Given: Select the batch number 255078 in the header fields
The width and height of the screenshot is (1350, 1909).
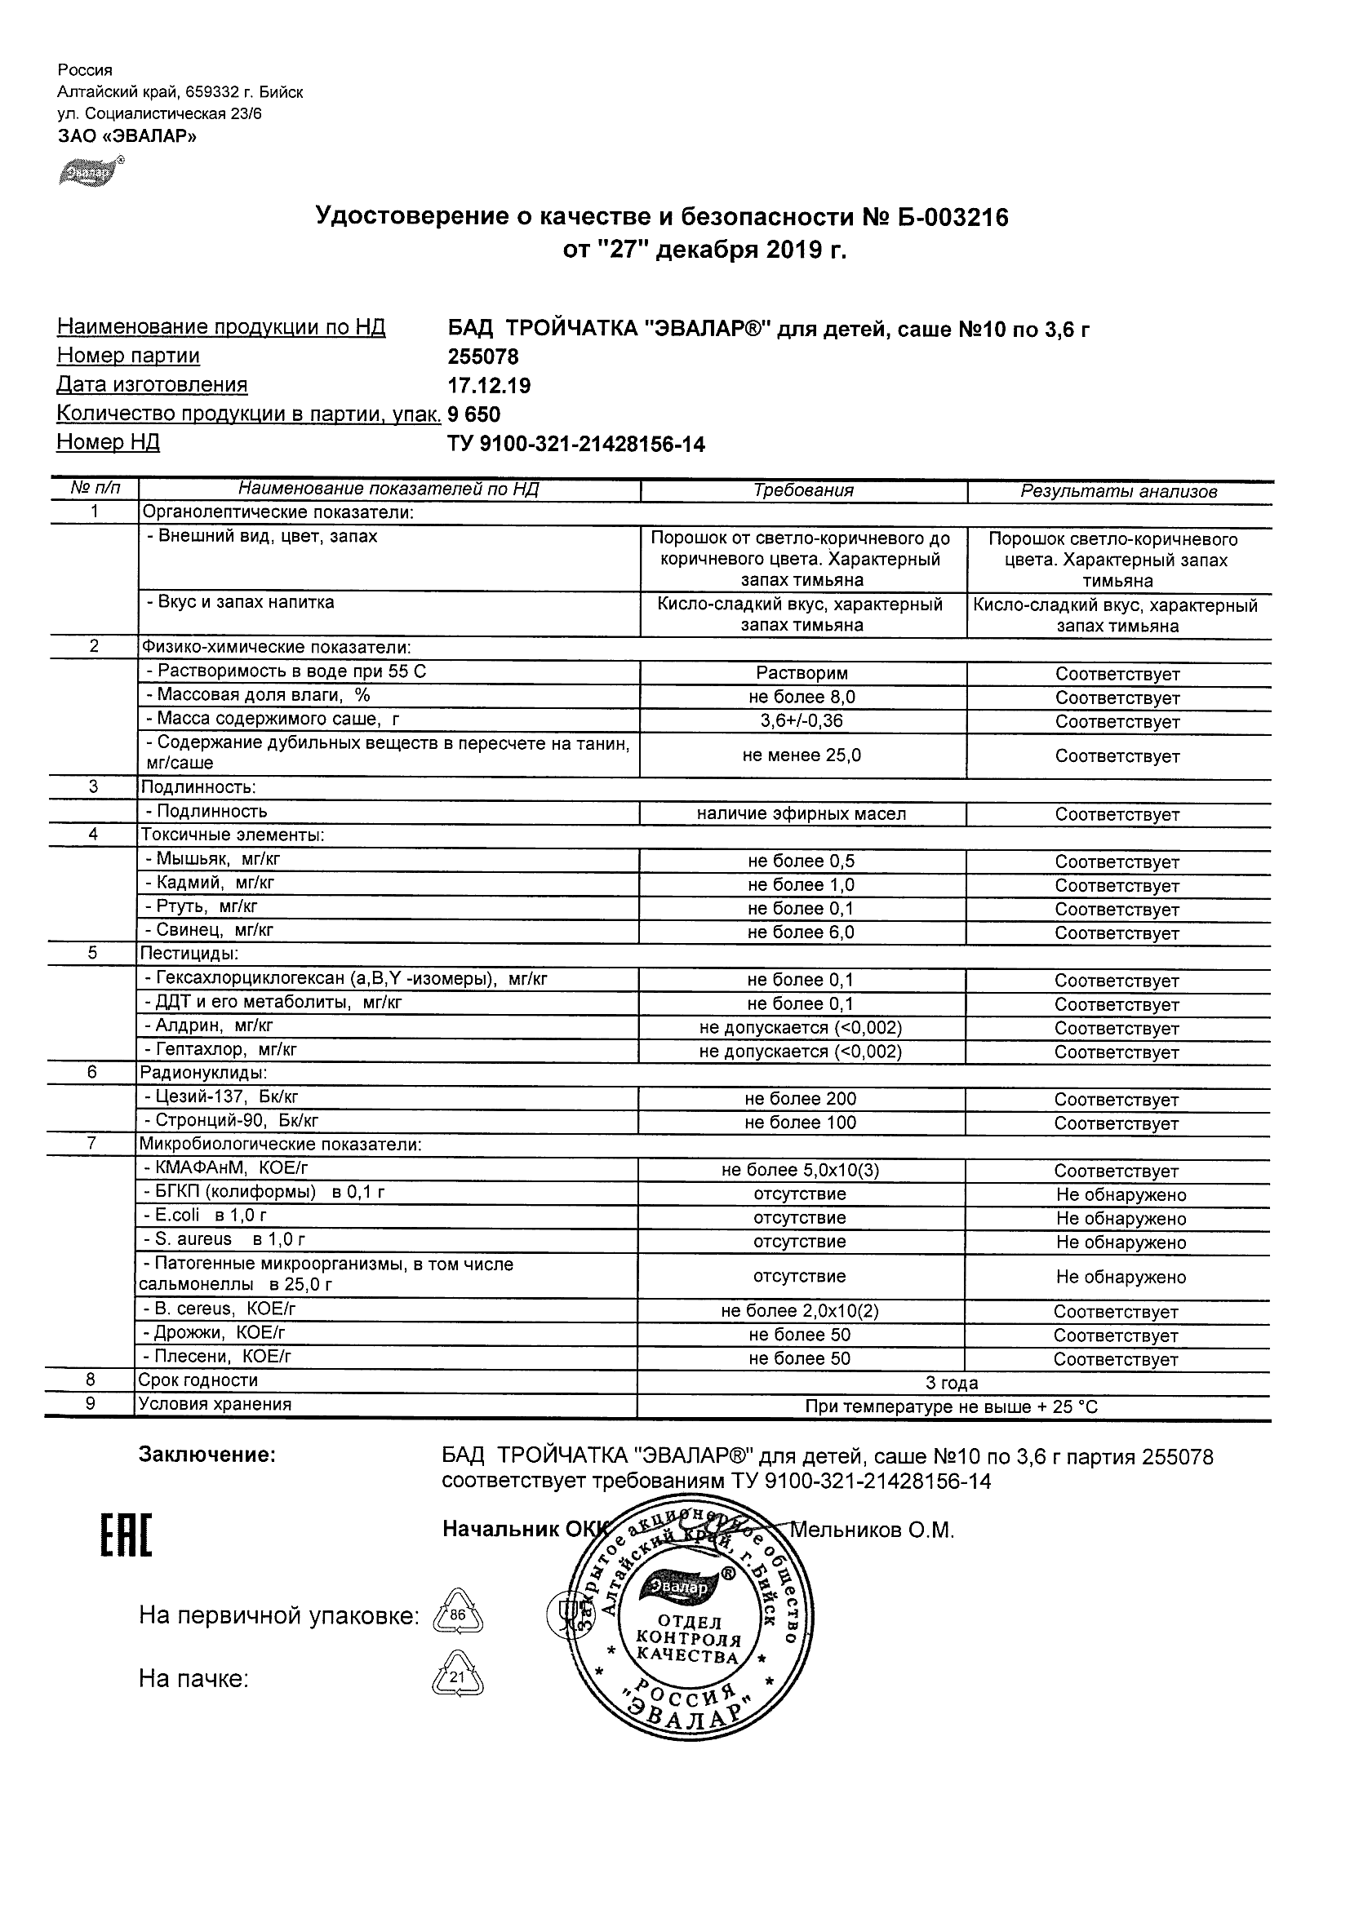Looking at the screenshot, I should (483, 357).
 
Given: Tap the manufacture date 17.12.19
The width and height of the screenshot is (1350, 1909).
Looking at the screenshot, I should (489, 386).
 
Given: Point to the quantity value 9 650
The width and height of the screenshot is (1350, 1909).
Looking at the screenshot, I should (474, 414).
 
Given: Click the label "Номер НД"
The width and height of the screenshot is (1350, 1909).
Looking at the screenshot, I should (108, 442).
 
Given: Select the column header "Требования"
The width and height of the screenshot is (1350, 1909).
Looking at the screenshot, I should (803, 490).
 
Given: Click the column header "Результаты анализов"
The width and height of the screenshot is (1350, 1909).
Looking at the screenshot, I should (1119, 491).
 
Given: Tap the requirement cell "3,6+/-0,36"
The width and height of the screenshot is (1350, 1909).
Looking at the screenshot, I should (802, 721).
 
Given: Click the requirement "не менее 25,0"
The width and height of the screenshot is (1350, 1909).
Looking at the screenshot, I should (802, 755).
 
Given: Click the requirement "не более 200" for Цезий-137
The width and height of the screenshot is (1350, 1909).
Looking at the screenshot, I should (800, 1099).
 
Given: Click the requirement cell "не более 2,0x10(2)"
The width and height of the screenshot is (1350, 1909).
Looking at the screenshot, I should (800, 1311).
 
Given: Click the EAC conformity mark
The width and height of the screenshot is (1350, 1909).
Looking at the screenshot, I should (127, 1535).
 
